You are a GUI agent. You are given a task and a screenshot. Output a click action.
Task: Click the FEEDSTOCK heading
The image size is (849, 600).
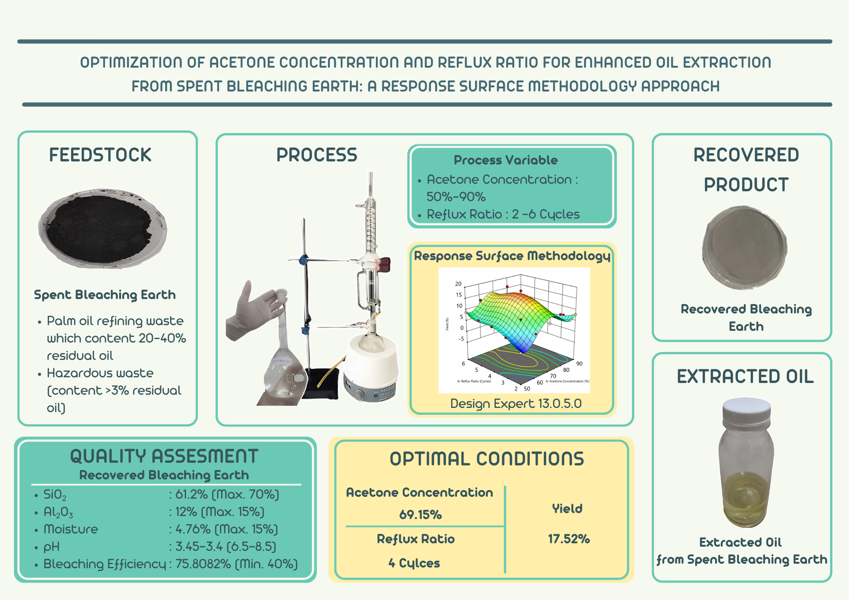100,155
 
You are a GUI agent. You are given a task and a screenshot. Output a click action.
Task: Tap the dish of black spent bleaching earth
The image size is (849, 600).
102,229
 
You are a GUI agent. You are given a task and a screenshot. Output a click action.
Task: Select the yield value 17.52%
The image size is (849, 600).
569,539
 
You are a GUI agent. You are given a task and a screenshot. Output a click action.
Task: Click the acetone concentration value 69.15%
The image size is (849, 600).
421,515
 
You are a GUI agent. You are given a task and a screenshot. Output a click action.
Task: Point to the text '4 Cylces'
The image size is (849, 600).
414,563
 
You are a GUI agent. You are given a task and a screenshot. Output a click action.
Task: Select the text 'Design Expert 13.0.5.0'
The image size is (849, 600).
516,404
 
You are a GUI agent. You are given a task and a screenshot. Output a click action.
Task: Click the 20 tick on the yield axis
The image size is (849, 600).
458,284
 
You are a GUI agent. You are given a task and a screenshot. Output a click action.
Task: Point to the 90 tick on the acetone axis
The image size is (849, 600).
579,364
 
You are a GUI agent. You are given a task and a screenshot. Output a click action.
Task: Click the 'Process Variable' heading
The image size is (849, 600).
506,160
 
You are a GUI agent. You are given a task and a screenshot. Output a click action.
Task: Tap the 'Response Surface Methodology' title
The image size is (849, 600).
512,256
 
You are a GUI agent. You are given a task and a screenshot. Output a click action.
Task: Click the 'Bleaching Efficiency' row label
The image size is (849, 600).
105,564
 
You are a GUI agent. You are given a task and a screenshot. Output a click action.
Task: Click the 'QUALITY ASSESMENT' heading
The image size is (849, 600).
164,456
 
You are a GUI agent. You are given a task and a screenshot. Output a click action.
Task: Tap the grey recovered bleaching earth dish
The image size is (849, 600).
745,248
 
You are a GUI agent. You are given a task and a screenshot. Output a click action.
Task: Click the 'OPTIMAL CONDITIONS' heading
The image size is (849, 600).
487,459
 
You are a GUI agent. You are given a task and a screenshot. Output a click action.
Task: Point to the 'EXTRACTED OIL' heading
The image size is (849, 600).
745,377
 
